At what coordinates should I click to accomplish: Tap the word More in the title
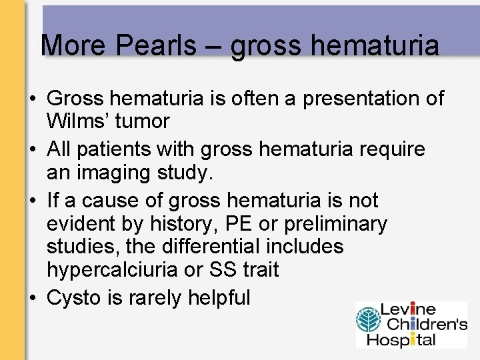tap(73, 46)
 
